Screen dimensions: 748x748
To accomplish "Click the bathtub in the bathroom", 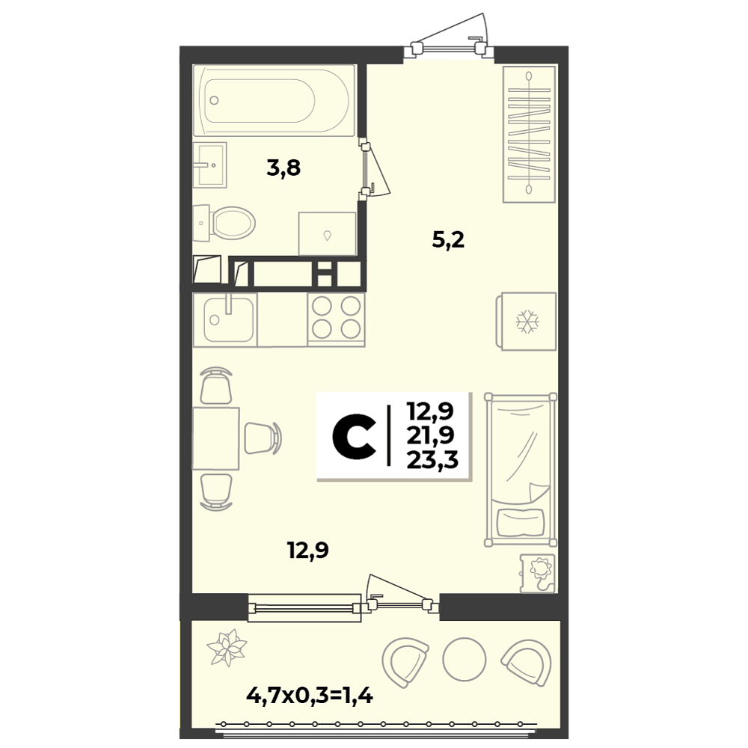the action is (x=275, y=101).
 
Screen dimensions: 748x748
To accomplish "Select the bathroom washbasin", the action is (x=210, y=165).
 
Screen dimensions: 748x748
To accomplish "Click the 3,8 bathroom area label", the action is (x=283, y=168).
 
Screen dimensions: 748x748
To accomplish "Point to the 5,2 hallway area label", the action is (x=448, y=240).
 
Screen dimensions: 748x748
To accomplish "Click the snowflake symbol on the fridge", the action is (x=527, y=321).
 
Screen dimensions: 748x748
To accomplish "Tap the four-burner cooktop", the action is (x=337, y=319).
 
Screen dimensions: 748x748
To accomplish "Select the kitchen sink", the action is (x=225, y=319).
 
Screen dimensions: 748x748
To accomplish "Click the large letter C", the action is (x=354, y=437).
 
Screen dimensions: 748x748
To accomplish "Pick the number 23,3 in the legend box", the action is (x=432, y=460).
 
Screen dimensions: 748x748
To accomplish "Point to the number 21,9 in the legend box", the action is (x=431, y=435).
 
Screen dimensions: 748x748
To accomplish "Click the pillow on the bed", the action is (x=521, y=522).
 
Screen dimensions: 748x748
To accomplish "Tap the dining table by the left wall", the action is (x=215, y=438).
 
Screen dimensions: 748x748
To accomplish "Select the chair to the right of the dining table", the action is (x=263, y=438).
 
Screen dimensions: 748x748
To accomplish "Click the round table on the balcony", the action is (x=465, y=659).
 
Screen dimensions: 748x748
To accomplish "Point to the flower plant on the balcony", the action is (x=227, y=648).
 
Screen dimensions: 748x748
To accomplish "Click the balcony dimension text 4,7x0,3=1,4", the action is (x=310, y=696).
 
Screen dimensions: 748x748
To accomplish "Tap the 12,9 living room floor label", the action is (x=308, y=551).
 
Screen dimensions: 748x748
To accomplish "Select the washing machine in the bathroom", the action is (x=328, y=233).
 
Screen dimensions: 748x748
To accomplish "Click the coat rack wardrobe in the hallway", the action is (x=529, y=134).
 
